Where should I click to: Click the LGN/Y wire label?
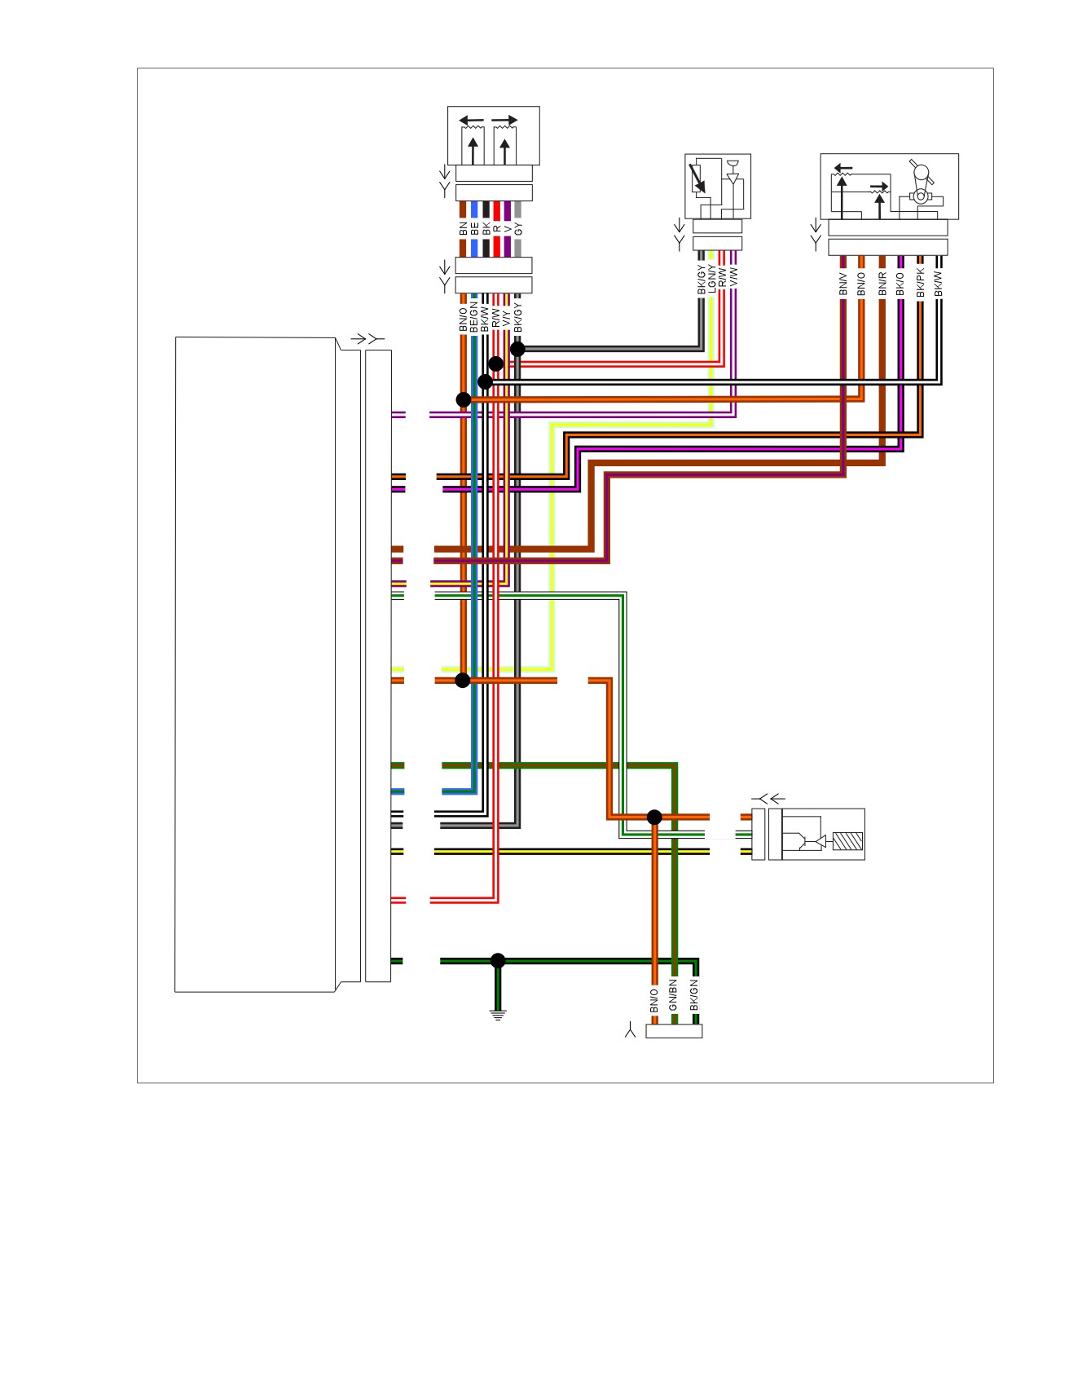(x=712, y=280)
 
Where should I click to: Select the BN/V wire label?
(x=843, y=284)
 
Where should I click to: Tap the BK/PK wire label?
(x=920, y=282)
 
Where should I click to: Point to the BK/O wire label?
(x=900, y=284)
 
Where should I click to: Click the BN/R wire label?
(x=882, y=284)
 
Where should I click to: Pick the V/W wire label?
(x=733, y=275)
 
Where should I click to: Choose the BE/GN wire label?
(x=473, y=317)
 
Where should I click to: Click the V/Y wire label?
(x=506, y=319)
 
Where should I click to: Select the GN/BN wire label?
(x=673, y=995)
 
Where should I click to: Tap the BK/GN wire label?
(x=694, y=995)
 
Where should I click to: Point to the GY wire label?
(x=518, y=229)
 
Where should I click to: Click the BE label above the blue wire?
(x=474, y=229)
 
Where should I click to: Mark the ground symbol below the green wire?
(x=498, y=1016)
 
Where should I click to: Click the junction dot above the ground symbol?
(x=498, y=961)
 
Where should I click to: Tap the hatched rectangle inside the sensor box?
(x=848, y=841)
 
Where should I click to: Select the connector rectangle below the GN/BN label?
(x=674, y=1031)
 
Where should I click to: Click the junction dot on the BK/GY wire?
(x=517, y=349)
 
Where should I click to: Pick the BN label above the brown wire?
(x=464, y=229)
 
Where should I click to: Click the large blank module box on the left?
(x=256, y=664)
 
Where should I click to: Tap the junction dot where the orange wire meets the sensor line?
(x=654, y=817)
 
